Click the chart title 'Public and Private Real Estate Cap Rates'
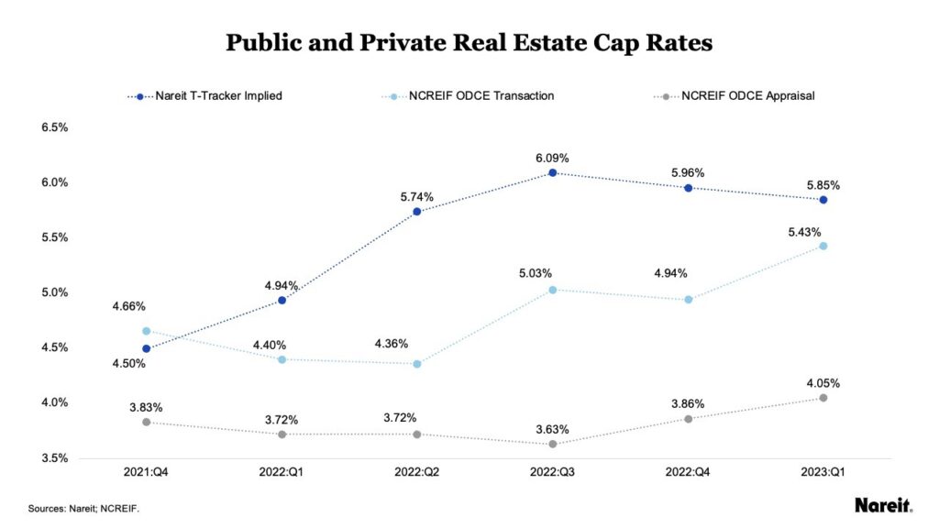469,44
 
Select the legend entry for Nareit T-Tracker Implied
218,95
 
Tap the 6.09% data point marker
553,172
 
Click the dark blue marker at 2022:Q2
417,212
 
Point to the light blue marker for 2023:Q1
823,246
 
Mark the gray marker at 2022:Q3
553,444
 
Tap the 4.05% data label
823,383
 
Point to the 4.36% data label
392,345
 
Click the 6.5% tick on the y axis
56,127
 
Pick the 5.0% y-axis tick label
56,293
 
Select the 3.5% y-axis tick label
56,458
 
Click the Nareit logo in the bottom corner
883,505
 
